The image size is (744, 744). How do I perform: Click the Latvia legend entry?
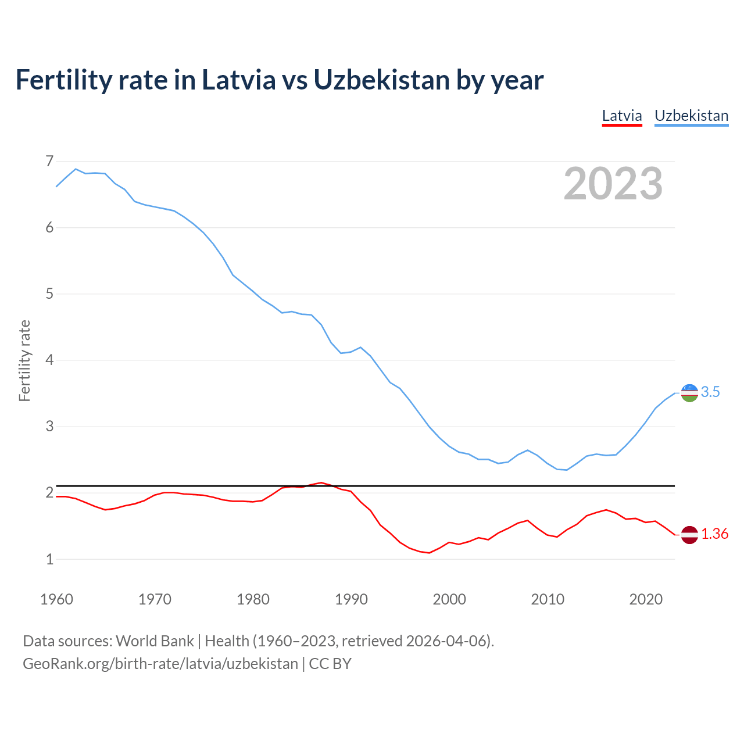pyautogui.click(x=621, y=116)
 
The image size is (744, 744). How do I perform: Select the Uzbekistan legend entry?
pyautogui.click(x=691, y=116)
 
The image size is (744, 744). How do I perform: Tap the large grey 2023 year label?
pyautogui.click(x=613, y=184)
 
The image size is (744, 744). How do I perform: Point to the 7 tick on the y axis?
pyautogui.click(x=49, y=161)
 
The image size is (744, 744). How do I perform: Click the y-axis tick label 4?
pyautogui.click(x=49, y=360)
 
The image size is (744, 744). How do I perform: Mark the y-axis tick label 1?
pyautogui.click(x=49, y=559)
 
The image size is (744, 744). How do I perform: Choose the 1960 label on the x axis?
pyautogui.click(x=56, y=599)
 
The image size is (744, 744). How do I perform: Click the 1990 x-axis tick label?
pyautogui.click(x=351, y=599)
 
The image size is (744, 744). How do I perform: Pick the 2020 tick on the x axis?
pyautogui.click(x=646, y=599)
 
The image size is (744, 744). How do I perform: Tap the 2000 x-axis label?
pyautogui.click(x=449, y=599)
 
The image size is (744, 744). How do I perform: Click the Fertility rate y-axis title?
pyautogui.click(x=24, y=360)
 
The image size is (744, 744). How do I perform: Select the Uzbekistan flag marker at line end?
pyautogui.click(x=689, y=393)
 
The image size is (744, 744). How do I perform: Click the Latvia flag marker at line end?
pyautogui.click(x=689, y=534)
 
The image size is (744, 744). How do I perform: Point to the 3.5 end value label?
pyautogui.click(x=710, y=392)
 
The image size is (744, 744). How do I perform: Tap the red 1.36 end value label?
pyautogui.click(x=714, y=534)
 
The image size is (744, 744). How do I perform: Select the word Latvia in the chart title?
pyautogui.click(x=239, y=80)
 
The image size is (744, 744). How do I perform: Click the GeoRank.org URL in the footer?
pyautogui.click(x=160, y=664)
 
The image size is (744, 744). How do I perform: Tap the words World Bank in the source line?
pyautogui.click(x=155, y=641)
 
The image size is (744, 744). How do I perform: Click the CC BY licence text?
pyautogui.click(x=330, y=664)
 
